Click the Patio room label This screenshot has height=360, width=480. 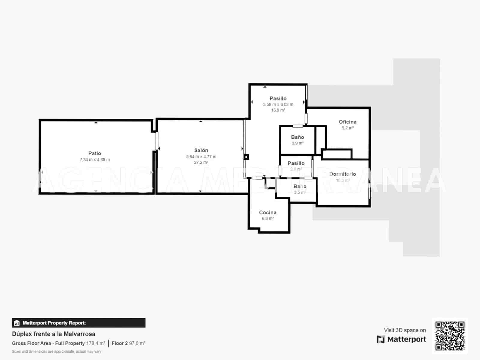click(94, 153)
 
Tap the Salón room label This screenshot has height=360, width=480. click(201, 150)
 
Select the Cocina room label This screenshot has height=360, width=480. click(268, 212)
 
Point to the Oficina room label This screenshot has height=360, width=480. click(347, 122)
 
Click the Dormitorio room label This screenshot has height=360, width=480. click(343, 174)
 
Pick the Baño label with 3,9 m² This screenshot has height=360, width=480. click(297, 137)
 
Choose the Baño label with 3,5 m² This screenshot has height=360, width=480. click(300, 187)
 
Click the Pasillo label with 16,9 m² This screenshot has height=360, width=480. click(278, 98)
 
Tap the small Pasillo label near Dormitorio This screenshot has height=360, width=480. click(296, 163)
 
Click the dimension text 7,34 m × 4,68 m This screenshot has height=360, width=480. click(94, 160)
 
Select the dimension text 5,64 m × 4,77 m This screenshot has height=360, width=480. click(201, 157)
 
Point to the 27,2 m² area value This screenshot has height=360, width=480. click(201, 162)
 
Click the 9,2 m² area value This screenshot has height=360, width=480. click(347, 128)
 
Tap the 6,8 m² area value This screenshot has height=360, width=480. click(268, 218)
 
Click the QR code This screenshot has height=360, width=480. click(450, 336)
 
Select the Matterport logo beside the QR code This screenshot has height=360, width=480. click(401, 339)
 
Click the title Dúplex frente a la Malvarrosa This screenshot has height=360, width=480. click(54, 334)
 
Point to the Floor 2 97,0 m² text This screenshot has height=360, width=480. click(128, 343)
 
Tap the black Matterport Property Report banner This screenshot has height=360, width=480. click(79, 323)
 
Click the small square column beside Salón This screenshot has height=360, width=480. click(246, 157)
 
